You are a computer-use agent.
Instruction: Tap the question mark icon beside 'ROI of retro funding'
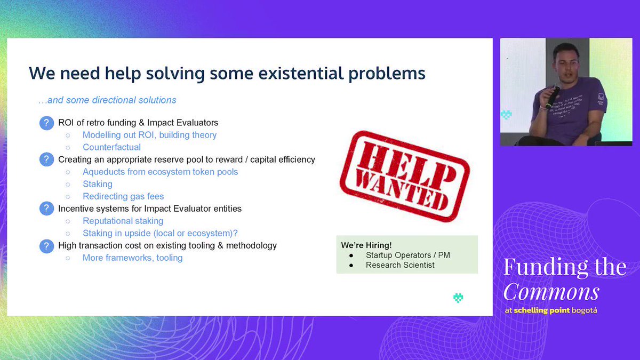pyautogui.click(x=46, y=123)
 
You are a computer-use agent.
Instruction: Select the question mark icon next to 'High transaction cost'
pyautogui.click(x=46, y=246)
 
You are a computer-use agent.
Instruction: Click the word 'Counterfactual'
pyautogui.click(x=111, y=147)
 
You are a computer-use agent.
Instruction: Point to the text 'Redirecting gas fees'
pyautogui.click(x=123, y=196)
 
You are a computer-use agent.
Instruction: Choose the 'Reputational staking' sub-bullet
pyautogui.click(x=123, y=221)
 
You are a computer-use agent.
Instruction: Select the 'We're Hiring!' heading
pyautogui.click(x=366, y=245)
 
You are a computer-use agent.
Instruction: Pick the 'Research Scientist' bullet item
pyautogui.click(x=400, y=265)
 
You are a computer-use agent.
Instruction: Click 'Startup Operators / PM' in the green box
pyautogui.click(x=407, y=255)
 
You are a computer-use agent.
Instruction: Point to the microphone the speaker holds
pyautogui.click(x=553, y=97)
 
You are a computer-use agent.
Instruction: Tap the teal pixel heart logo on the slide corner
pyautogui.click(x=458, y=298)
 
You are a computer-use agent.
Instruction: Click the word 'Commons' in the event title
pyautogui.click(x=551, y=292)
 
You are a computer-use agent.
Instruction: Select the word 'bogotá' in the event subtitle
pyautogui.click(x=585, y=310)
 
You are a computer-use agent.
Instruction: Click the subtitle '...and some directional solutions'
pyautogui.click(x=107, y=100)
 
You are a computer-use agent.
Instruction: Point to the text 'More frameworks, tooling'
pyautogui.click(x=133, y=258)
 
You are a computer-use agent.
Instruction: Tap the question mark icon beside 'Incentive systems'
pyautogui.click(x=46, y=209)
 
